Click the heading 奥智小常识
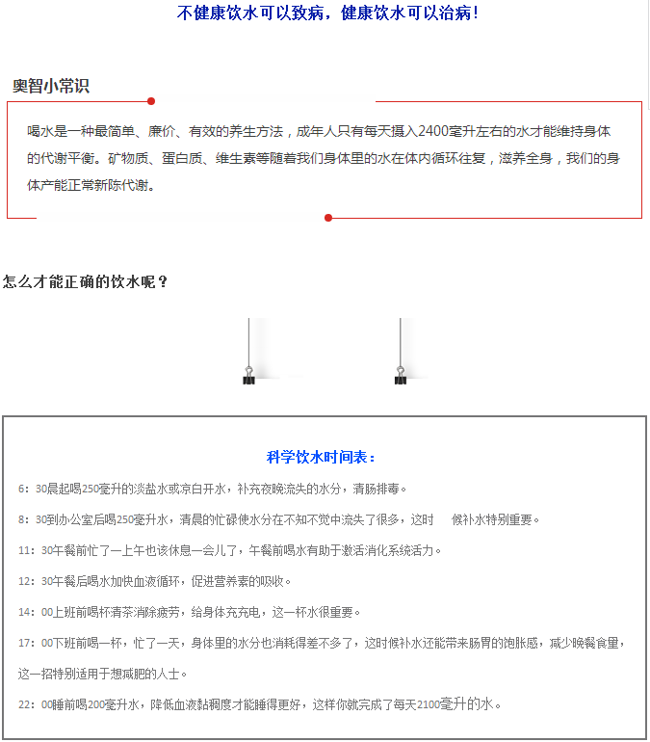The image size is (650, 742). [51, 86]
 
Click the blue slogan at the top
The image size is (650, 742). [327, 13]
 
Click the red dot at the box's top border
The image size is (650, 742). [151, 100]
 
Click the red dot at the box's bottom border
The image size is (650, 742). [328, 218]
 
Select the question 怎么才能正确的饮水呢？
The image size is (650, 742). [86, 282]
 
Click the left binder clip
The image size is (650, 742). [248, 377]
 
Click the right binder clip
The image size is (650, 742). [400, 377]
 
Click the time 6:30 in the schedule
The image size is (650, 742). [32, 489]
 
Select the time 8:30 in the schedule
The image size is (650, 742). [32, 519]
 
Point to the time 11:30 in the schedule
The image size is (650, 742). [35, 550]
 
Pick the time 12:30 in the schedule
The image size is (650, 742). [35, 581]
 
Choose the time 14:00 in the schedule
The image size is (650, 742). [35, 612]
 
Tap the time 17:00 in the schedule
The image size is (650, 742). [35, 643]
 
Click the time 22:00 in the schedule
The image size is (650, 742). [35, 704]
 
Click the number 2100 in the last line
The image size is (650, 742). [429, 704]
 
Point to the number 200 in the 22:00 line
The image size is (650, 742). [96, 704]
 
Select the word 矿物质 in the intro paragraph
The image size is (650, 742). [126, 157]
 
